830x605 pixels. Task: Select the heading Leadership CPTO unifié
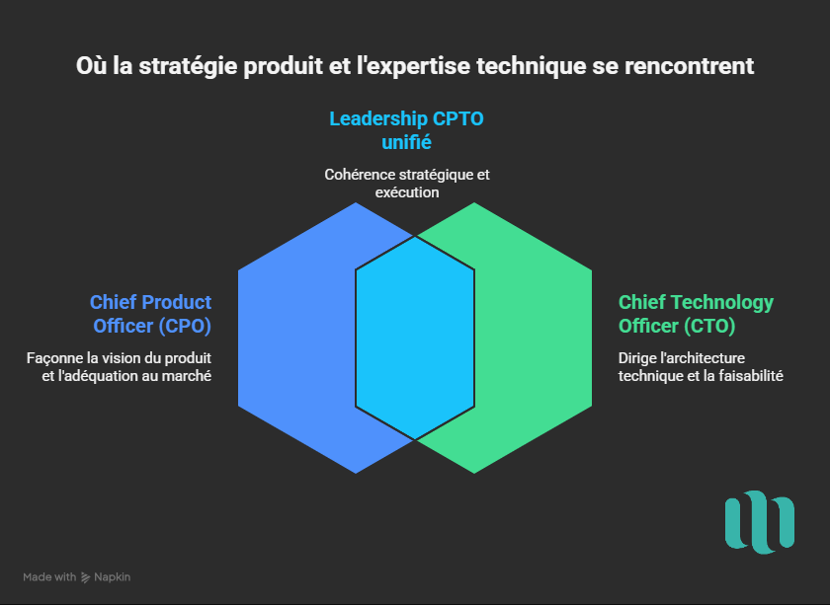coord(406,130)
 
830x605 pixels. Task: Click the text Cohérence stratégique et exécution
coord(406,183)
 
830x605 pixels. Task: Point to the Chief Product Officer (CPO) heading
coord(150,314)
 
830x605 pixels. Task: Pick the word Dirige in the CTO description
coord(638,357)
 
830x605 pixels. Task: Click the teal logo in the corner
coord(759,520)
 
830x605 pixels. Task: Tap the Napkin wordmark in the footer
coord(114,577)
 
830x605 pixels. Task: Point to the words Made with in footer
coord(49,577)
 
